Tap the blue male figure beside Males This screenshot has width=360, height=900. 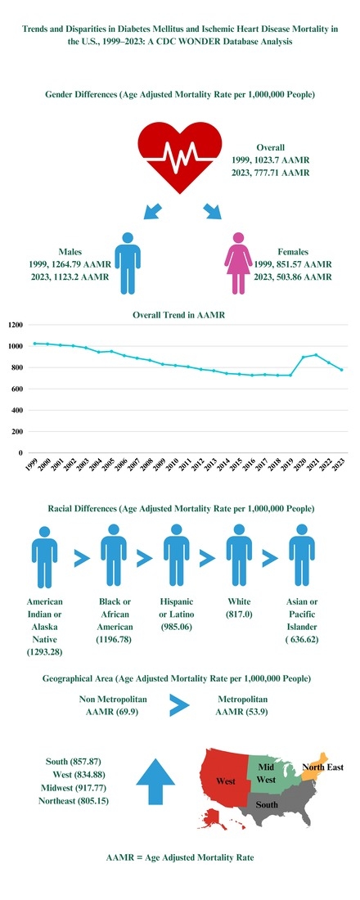coord(128,261)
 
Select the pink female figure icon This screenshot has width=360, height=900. coord(238,261)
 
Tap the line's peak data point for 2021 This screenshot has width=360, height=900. coord(315,355)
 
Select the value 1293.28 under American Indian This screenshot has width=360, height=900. coord(45,652)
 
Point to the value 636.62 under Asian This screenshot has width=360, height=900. coord(302,640)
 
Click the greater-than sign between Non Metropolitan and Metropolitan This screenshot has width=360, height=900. coord(179,706)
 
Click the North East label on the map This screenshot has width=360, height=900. coord(322,767)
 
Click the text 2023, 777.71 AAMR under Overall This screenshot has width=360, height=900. coord(270,173)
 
